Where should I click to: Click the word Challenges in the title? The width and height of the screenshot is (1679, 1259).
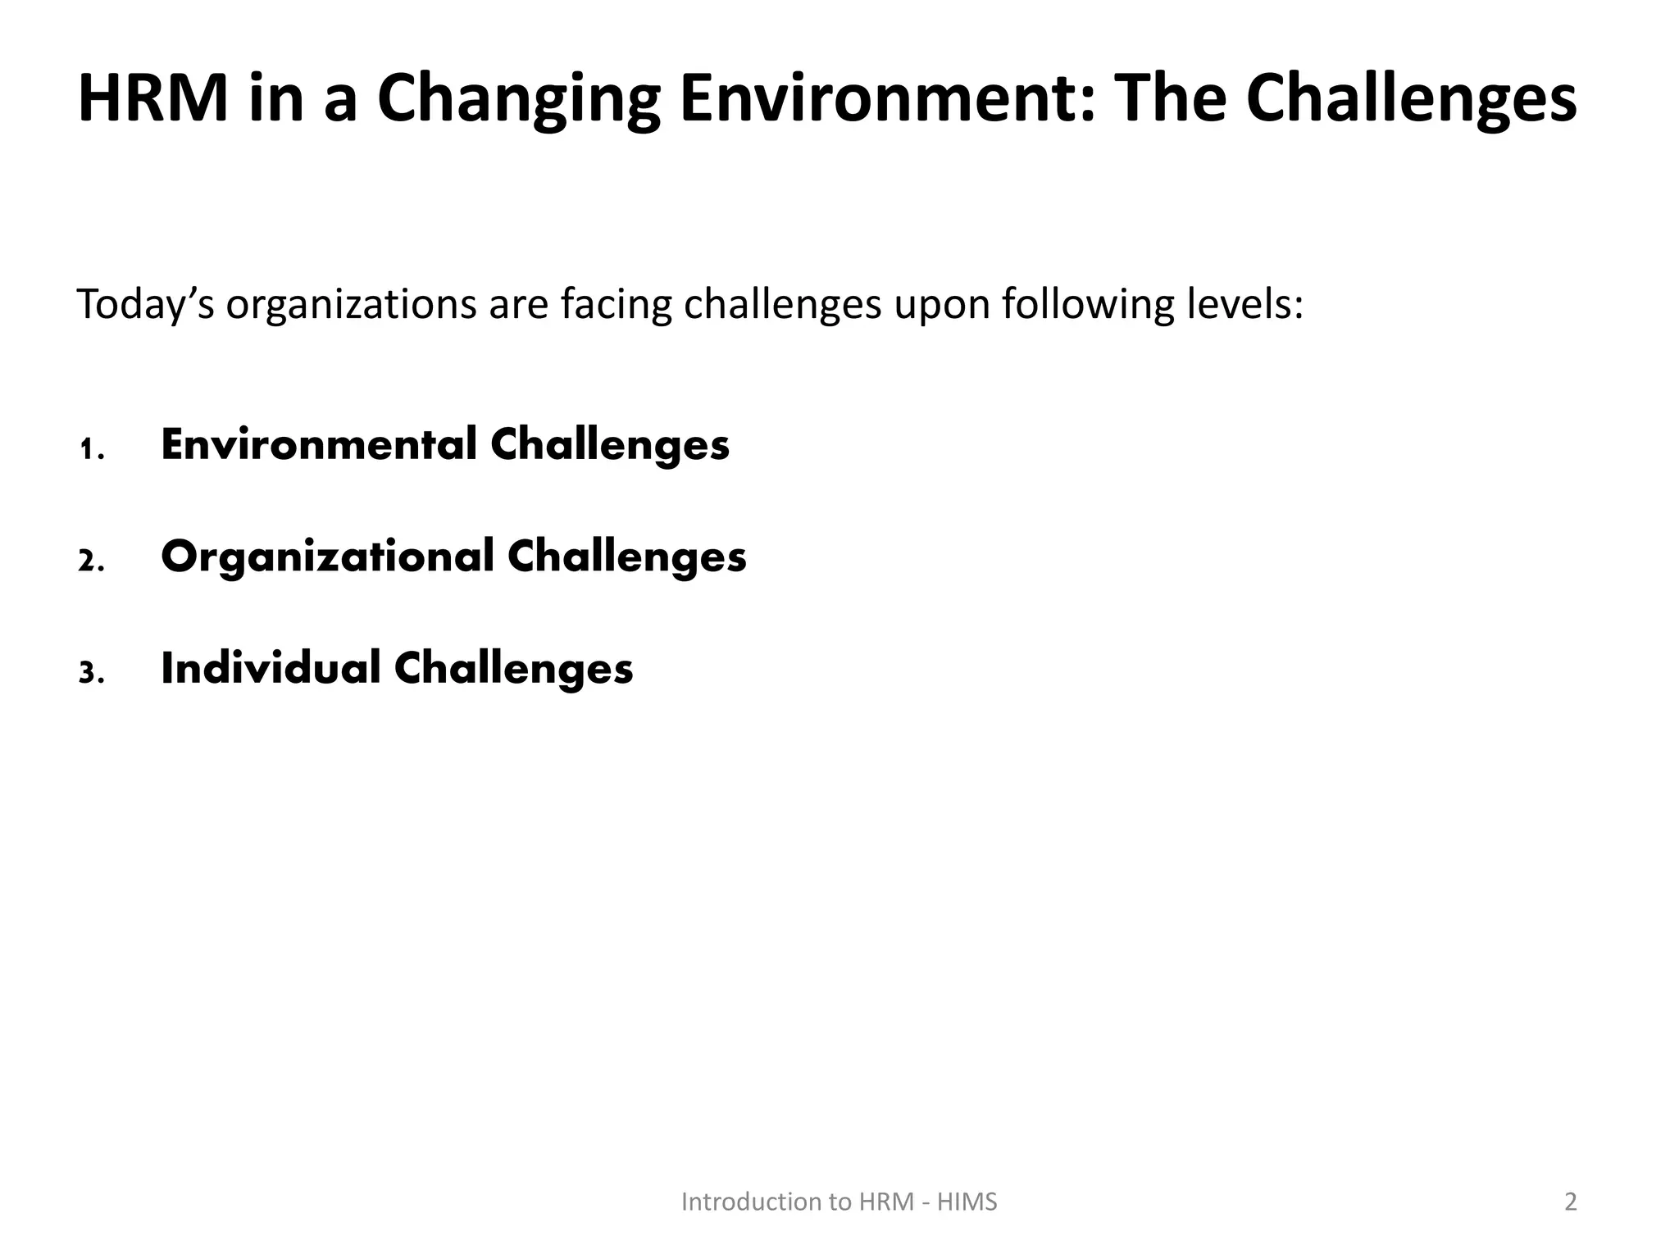click(1411, 100)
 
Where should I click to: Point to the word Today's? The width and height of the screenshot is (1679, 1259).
click(145, 305)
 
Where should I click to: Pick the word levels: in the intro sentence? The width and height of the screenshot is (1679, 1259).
click(1245, 305)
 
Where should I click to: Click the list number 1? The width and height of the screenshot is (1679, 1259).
click(91, 450)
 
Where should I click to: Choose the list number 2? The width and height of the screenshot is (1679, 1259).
click(91, 562)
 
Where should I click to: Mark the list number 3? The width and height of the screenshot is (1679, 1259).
click(91, 674)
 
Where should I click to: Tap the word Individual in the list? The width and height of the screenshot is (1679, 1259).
click(271, 669)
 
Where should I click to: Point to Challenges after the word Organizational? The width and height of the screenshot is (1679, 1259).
click(627, 558)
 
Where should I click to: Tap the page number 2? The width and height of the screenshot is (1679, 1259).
click(1570, 1202)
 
